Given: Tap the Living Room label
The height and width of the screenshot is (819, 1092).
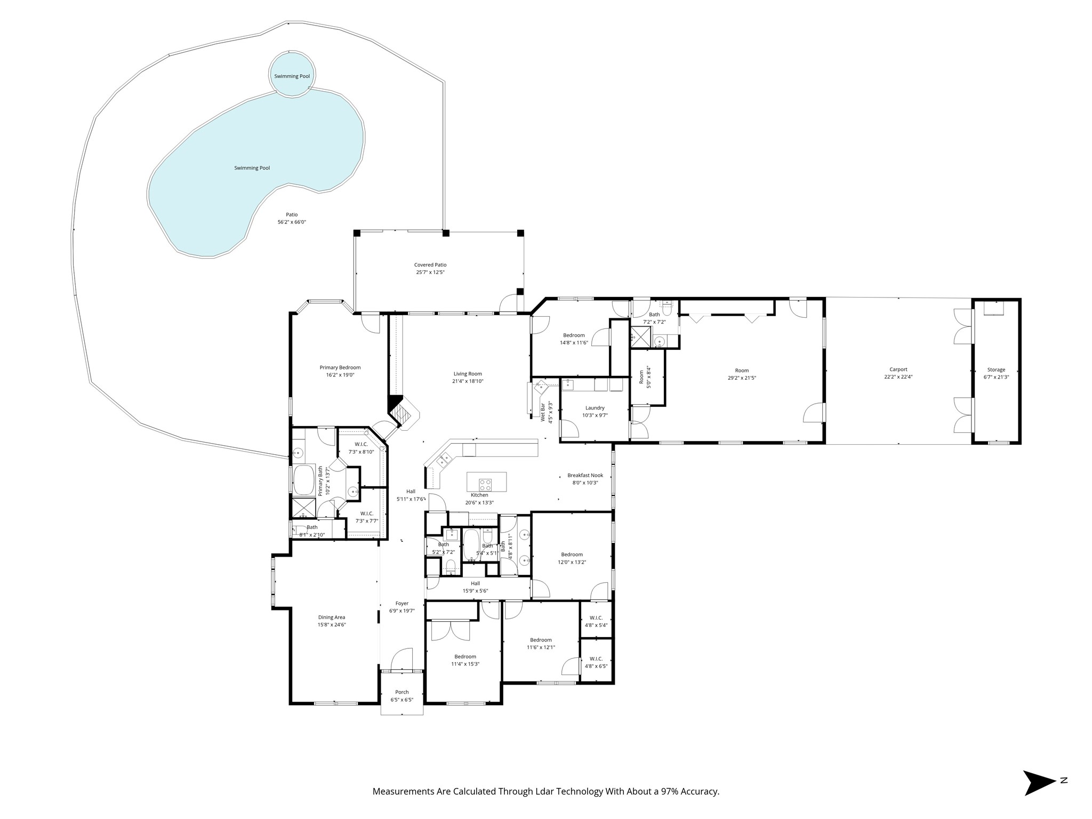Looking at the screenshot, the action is [468, 374].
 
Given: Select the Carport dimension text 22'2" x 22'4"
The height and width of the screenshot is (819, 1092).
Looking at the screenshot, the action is [898, 377].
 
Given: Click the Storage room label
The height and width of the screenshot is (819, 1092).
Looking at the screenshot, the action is [996, 370].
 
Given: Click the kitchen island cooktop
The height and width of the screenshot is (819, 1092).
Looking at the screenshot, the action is [485, 485].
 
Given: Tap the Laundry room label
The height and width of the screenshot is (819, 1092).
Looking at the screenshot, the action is [595, 408].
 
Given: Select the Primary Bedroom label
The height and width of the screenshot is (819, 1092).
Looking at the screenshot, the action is [340, 367].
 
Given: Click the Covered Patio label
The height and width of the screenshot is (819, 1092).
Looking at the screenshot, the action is [430, 264].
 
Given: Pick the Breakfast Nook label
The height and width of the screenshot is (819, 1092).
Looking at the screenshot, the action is [585, 475].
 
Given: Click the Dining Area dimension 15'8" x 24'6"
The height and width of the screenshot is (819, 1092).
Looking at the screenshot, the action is [332, 625].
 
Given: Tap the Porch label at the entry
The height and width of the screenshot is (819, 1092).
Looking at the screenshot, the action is [402, 692].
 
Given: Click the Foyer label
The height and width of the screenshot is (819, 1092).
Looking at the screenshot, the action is [402, 604].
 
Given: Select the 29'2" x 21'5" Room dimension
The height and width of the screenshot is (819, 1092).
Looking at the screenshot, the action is [742, 378].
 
